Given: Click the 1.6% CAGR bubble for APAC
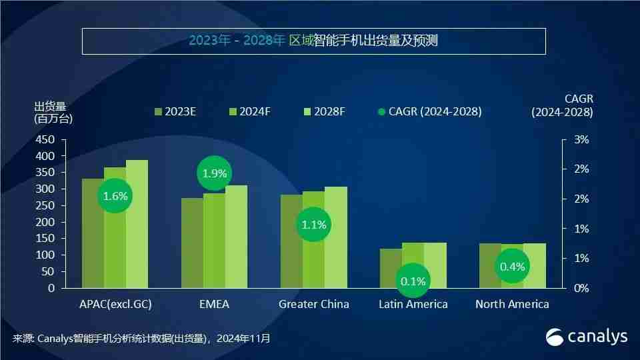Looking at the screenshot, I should [x=115, y=196].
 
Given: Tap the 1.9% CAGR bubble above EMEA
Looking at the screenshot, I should [x=215, y=173].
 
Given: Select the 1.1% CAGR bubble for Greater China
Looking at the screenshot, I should [x=313, y=225].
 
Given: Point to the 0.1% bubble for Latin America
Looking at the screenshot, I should [x=413, y=281].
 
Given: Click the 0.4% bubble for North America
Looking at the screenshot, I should [x=512, y=267].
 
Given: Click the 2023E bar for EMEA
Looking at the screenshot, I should [x=192, y=243].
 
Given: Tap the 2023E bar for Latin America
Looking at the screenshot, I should [x=391, y=268].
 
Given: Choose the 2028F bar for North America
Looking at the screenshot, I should [x=535, y=265].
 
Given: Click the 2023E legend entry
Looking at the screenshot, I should [x=175, y=111].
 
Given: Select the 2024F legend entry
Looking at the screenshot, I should [x=249, y=111].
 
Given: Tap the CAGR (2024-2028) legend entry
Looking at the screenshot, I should [x=429, y=111].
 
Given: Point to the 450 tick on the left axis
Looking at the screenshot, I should [x=45, y=140].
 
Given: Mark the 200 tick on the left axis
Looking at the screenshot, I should [x=45, y=222].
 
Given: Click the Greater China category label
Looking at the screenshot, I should [x=313, y=304].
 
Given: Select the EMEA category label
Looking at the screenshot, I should [x=214, y=304].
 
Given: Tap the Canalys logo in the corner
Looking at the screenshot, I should [x=587, y=337].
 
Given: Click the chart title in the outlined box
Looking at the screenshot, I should [x=313, y=41].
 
